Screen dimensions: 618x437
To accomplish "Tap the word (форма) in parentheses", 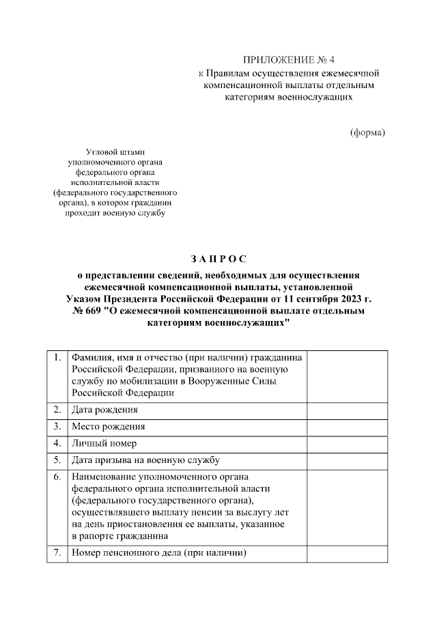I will coord(367,132).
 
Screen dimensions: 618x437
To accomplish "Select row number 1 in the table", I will coord(57,357).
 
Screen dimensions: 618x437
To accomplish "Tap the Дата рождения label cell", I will coord(104,410).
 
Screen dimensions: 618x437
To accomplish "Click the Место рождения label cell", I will coord(108,427).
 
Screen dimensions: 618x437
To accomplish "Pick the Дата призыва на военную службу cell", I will coord(145,460).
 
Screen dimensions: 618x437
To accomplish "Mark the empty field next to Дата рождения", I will coord(348,410).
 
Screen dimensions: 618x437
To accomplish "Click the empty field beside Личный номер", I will coord(348,443).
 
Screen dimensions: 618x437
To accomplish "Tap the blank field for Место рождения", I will coord(348,427).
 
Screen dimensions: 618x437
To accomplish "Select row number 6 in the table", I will coord(57,476).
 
